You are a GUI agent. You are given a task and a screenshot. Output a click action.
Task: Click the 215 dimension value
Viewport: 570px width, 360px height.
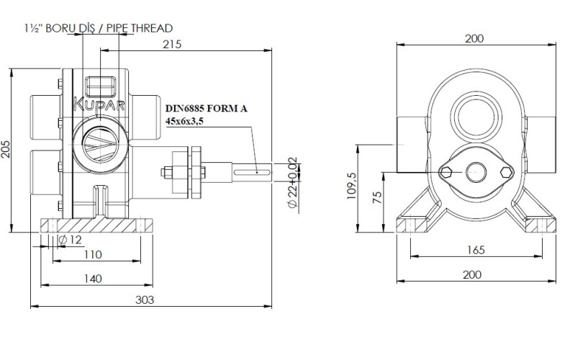tap(172, 44)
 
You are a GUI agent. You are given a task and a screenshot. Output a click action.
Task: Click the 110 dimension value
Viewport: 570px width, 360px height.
tap(91, 254)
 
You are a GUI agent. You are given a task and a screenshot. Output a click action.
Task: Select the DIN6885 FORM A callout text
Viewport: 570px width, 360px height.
tap(207, 108)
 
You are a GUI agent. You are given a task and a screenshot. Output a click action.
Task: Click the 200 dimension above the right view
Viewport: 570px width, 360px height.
tap(474, 39)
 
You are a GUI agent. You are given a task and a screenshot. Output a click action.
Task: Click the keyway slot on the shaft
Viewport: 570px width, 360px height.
tap(256, 171)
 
